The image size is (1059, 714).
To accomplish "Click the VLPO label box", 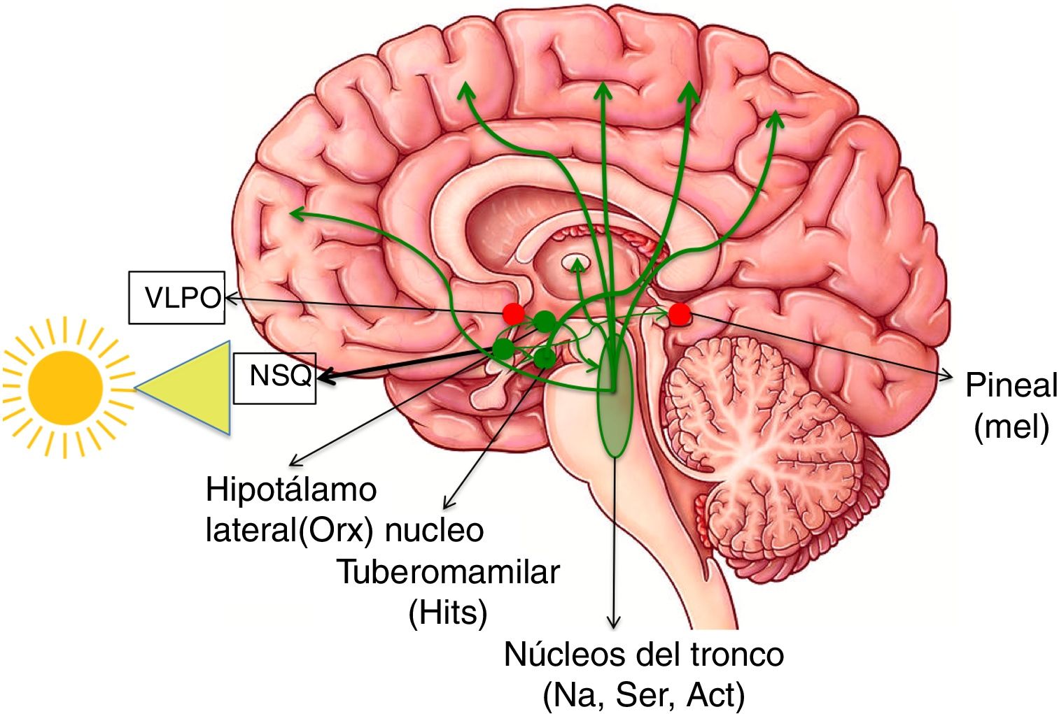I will pyautogui.click(x=176, y=298).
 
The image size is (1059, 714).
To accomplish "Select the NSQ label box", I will pyautogui.click(x=274, y=378).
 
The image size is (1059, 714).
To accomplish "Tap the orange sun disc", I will pyautogui.click(x=66, y=387).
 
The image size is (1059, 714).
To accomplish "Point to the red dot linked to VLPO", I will pyautogui.click(x=514, y=313).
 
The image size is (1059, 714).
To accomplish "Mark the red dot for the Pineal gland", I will pyautogui.click(x=679, y=314).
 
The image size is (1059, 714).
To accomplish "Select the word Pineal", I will pyautogui.click(x=1011, y=385).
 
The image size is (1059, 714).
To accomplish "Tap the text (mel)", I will pyautogui.click(x=1011, y=426).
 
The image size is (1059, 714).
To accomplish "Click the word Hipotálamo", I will pyautogui.click(x=291, y=490).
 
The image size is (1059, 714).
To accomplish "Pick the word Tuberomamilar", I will pyautogui.click(x=449, y=572).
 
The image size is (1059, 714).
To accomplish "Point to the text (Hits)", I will pyautogui.click(x=448, y=613).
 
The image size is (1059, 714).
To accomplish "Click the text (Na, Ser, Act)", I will pyautogui.click(x=643, y=694).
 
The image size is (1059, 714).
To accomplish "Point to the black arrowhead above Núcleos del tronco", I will pyautogui.click(x=614, y=622).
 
